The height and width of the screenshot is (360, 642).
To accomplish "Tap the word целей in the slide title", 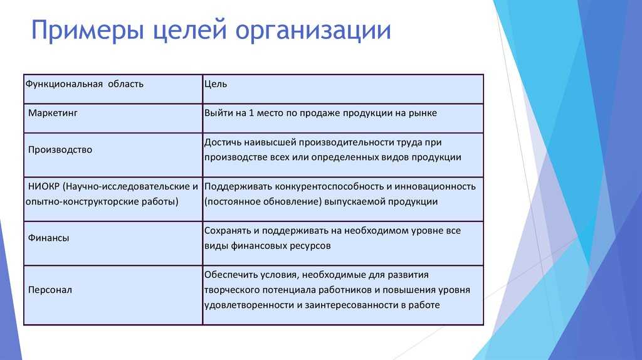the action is coord(189,30).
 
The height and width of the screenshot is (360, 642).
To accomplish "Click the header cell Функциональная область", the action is coord(85,84).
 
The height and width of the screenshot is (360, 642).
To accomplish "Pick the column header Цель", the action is coord(216,84).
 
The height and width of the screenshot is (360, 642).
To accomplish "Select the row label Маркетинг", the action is coord(53,113).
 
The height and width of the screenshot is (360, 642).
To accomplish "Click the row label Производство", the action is coord(60,149).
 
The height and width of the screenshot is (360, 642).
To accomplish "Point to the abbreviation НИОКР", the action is coord(44,186).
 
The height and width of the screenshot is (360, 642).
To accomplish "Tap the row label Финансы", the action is coord(48,238).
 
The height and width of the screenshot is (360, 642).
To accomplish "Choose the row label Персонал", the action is coord(50,290).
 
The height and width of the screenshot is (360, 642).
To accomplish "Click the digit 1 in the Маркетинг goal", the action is coord(251,113).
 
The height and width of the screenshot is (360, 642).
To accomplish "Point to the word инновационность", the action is coord(435,187).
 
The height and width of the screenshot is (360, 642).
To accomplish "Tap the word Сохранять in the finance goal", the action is coord(228,231).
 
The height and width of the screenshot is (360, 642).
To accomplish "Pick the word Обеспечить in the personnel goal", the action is coord(231,275).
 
